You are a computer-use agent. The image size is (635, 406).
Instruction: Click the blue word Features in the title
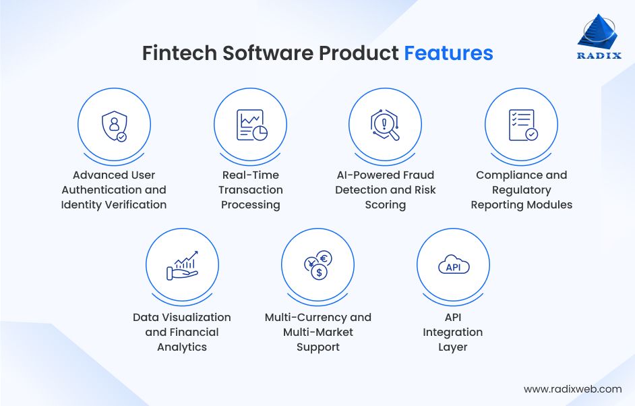448,53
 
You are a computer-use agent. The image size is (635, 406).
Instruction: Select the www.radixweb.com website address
572,389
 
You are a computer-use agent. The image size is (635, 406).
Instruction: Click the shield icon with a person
114,125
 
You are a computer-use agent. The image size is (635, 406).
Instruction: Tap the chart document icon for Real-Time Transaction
251,125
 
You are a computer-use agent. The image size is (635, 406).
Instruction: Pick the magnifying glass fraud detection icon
385,125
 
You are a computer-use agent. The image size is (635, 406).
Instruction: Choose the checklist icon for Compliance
522,125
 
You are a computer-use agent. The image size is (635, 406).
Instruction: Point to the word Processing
251,205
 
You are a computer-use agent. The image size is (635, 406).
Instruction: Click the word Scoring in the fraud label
386,205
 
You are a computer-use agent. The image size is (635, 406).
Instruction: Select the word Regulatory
522,190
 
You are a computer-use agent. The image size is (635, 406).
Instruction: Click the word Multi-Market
318,332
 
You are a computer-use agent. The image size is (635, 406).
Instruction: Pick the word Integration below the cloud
453,332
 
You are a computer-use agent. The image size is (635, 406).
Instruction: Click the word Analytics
182,347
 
